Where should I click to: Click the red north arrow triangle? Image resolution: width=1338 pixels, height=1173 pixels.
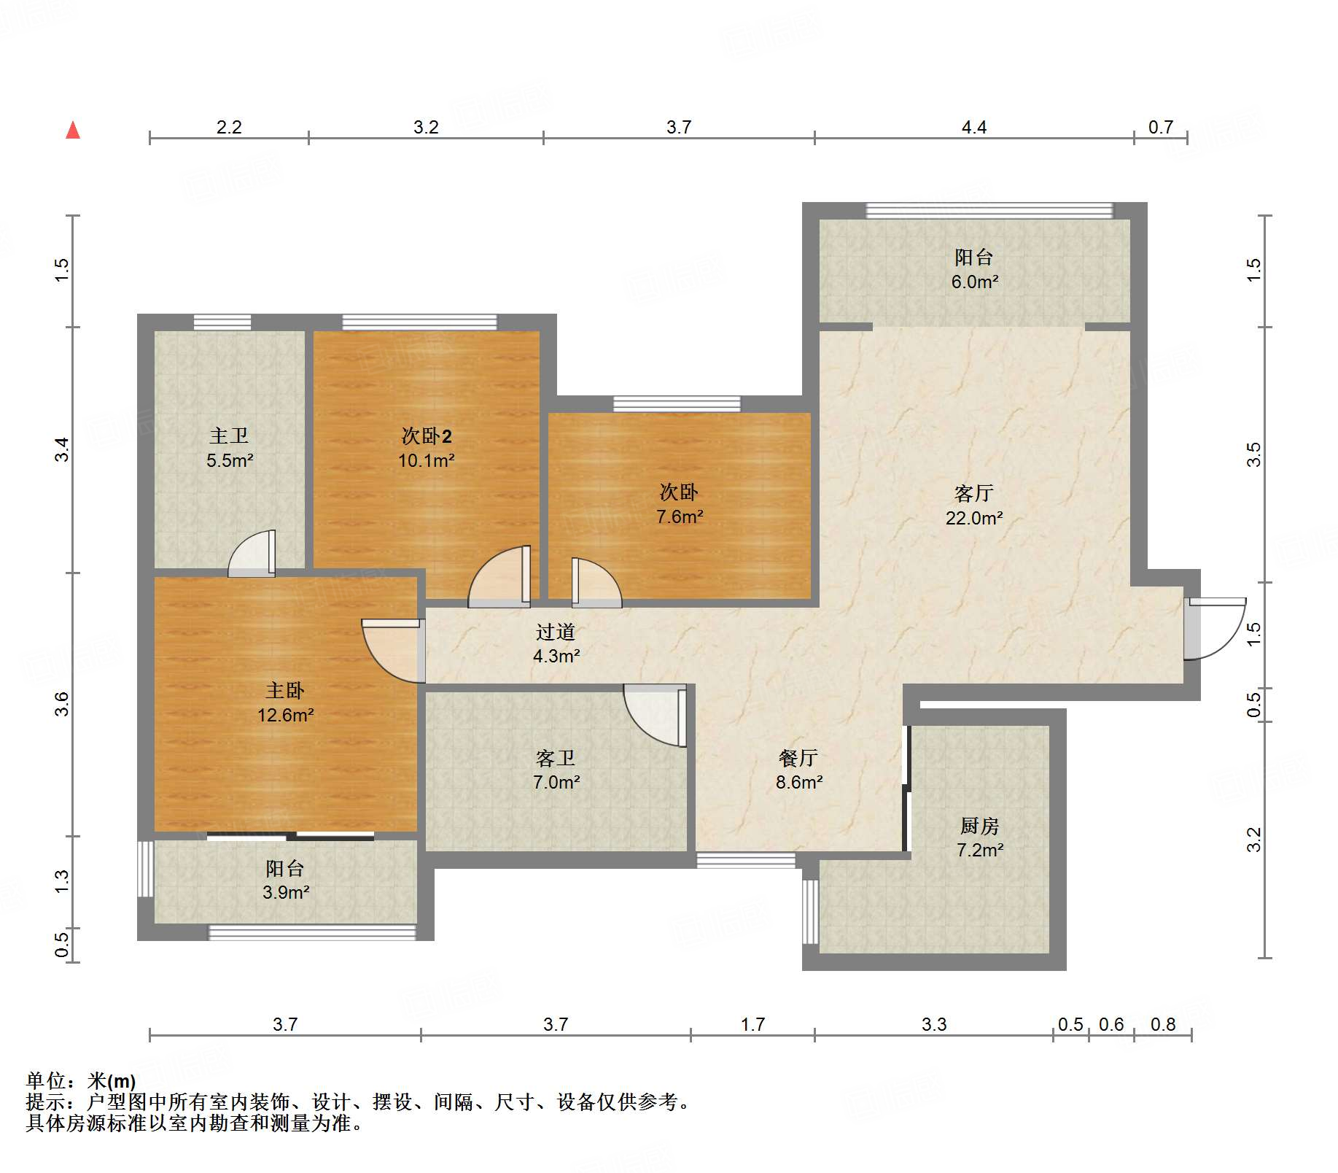tap(73, 130)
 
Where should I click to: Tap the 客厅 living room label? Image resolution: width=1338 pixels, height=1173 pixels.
tap(973, 494)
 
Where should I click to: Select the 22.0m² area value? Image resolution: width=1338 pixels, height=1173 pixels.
tap(974, 518)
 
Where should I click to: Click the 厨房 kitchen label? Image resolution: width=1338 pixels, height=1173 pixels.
tap(979, 826)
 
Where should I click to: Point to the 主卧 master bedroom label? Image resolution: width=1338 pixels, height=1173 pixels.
tap(285, 690)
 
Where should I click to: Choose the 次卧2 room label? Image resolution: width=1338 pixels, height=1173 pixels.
tap(427, 436)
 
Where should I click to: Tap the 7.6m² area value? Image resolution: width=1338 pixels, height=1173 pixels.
tap(680, 516)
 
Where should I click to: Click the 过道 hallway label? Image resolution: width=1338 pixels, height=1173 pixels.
tap(556, 632)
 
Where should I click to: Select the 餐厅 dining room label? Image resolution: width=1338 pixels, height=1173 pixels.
tap(798, 758)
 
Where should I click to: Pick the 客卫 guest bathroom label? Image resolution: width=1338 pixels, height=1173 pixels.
tap(556, 758)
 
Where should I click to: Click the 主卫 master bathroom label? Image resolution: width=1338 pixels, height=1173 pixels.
tap(229, 435)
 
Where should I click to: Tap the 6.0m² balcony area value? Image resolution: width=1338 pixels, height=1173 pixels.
tap(975, 282)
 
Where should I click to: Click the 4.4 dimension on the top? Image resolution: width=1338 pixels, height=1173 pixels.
tap(974, 128)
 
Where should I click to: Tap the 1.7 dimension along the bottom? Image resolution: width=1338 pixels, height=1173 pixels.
tap(752, 1024)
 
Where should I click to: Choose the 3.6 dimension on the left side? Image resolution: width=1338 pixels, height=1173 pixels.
tap(61, 704)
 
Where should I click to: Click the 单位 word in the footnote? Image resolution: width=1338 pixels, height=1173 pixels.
tap(45, 1080)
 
